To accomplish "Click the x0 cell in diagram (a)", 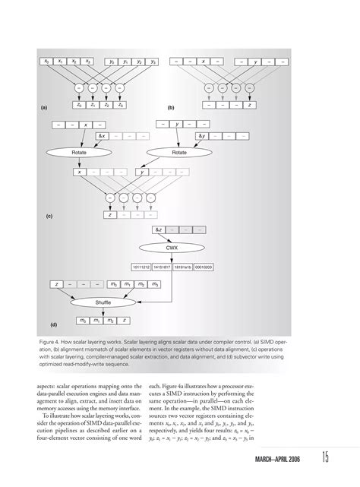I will pyautogui.click(x=47, y=61).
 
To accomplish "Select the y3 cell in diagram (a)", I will pyautogui.click(x=153, y=61).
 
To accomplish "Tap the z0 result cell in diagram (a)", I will pyautogui.click(x=79, y=105).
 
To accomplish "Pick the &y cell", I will pyautogui.click(x=201, y=135).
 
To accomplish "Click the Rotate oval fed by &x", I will pyautogui.click(x=80, y=152).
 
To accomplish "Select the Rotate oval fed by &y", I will pyautogui.click(x=179, y=152).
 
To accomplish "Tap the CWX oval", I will pyautogui.click(x=172, y=247).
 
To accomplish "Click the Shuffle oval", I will pyautogui.click(x=103, y=302).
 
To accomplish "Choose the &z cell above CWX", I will pyautogui.click(x=159, y=229).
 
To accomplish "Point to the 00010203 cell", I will pyautogui.click(x=204, y=267).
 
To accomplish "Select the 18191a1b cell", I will pyautogui.click(x=183, y=267).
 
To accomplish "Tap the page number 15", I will pyautogui.click(x=325, y=458).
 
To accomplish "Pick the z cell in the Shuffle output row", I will pyautogui.click(x=124, y=321).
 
